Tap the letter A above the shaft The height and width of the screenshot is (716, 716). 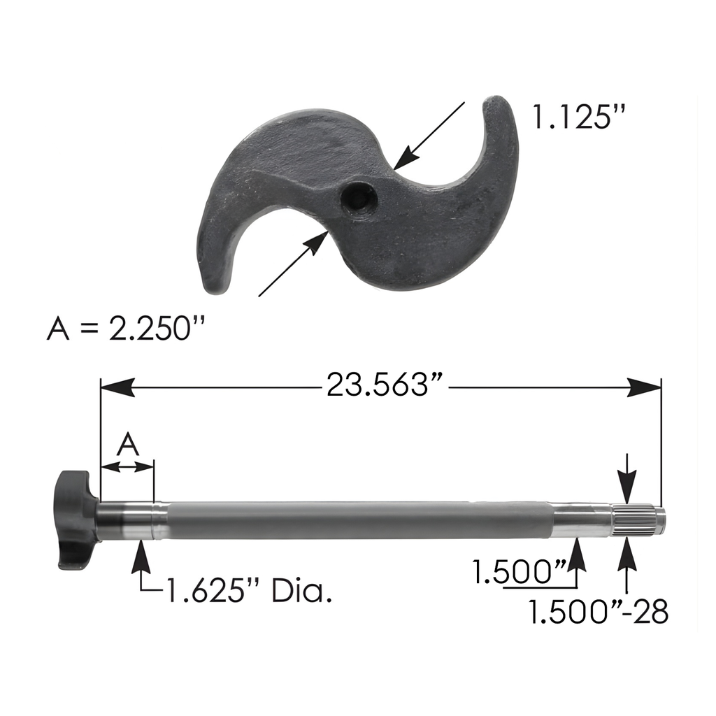pyautogui.click(x=128, y=445)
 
